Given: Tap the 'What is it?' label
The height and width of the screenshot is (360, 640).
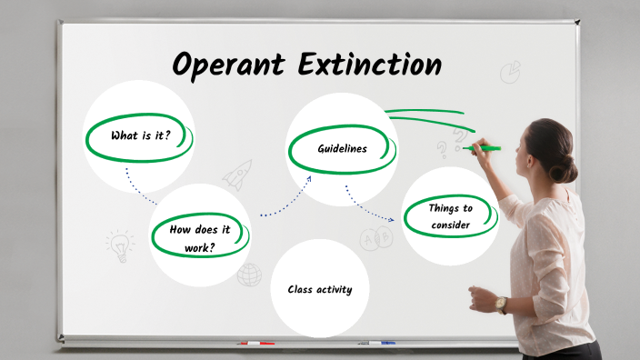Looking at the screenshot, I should click(140, 136).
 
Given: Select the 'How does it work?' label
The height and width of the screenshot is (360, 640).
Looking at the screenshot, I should click(199, 237).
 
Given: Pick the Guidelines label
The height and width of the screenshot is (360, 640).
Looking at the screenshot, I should click(343, 148).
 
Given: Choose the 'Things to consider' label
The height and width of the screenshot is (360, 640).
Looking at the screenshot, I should click(451, 216).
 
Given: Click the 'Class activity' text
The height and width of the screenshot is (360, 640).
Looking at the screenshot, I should click(320, 290).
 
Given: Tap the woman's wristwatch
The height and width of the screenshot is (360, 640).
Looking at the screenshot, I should click(502, 304).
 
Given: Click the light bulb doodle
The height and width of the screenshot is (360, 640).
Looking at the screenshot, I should click(118, 244).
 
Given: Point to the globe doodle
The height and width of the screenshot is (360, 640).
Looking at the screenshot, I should click(249, 274).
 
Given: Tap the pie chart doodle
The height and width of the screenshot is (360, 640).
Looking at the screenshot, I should click(511, 71).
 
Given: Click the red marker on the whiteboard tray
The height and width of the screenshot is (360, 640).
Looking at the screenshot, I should click(255, 343).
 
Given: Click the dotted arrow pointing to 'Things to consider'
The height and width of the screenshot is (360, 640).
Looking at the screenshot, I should click(370, 205).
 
